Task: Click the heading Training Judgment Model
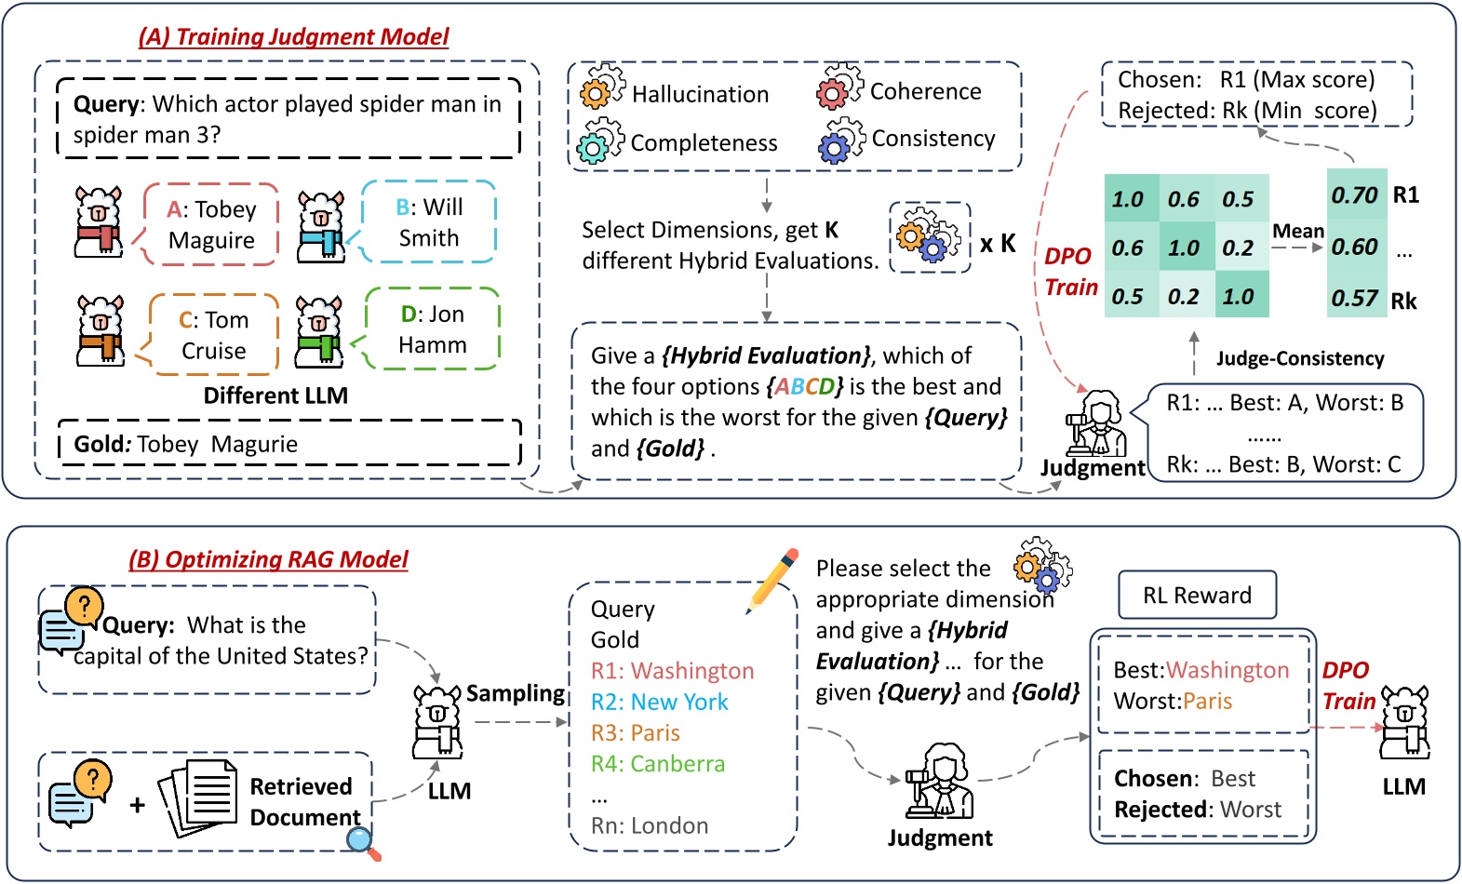click(x=294, y=36)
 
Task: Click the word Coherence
click(x=925, y=91)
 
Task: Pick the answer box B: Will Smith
click(x=428, y=222)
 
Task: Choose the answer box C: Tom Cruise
click(x=213, y=335)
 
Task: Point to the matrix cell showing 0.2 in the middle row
click(x=1239, y=248)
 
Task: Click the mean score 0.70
click(x=1354, y=195)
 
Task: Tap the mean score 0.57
click(x=1354, y=299)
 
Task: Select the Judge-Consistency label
click(x=1299, y=358)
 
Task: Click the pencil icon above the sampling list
click(x=773, y=580)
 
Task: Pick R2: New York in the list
click(x=659, y=702)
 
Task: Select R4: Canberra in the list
click(x=657, y=764)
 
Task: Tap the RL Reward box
click(x=1197, y=596)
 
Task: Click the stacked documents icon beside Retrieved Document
click(x=198, y=797)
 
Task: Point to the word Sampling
click(x=516, y=693)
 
